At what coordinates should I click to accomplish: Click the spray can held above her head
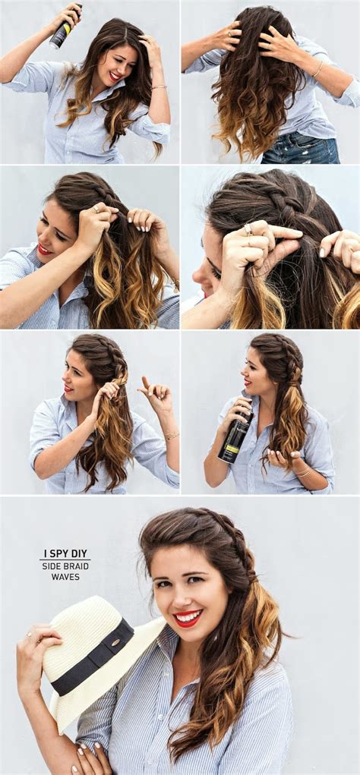tap(65, 27)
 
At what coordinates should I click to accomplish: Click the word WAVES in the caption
tap(65, 577)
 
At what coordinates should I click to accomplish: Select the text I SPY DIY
tap(65, 554)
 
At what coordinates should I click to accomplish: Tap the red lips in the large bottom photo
tap(188, 617)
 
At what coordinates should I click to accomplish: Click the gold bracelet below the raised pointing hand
tap(172, 436)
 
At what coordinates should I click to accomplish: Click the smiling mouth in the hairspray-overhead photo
tap(114, 76)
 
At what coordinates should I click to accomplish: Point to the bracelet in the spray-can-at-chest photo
tap(302, 472)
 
